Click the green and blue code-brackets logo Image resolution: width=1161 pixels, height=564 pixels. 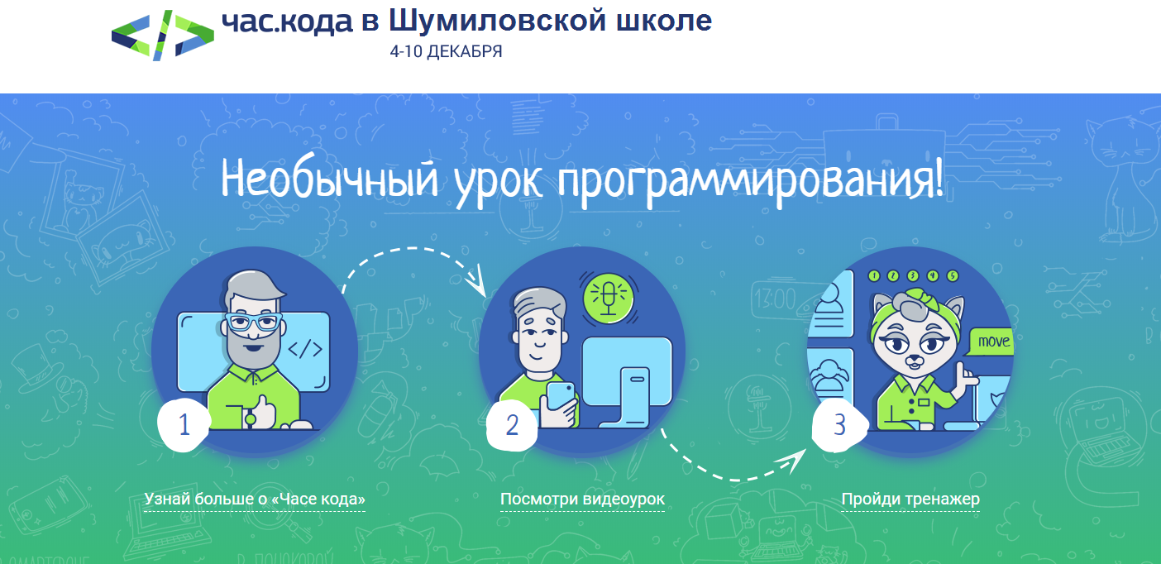pyautogui.click(x=163, y=36)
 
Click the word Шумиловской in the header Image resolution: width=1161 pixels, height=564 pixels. pyautogui.click(x=498, y=21)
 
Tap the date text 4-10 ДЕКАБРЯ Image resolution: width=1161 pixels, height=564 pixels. pyautogui.click(x=446, y=51)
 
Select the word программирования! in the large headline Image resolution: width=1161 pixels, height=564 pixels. pyautogui.click(x=750, y=181)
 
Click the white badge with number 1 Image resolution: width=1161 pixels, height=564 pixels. pyautogui.click(x=184, y=425)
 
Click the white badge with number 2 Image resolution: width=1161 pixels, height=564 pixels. pyautogui.click(x=512, y=425)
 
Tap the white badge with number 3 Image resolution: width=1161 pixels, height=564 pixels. pyautogui.click(x=839, y=425)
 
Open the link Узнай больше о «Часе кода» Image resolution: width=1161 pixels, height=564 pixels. pyautogui.click(x=255, y=499)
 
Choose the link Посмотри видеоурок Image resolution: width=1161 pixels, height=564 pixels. pyautogui.click(x=582, y=499)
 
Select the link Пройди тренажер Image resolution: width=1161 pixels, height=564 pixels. pyautogui.click(x=910, y=499)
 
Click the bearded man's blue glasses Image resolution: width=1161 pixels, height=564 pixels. pyautogui.click(x=254, y=322)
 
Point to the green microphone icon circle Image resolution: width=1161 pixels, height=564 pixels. pyautogui.click(x=609, y=298)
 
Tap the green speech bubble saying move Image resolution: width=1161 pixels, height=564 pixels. pyautogui.click(x=991, y=342)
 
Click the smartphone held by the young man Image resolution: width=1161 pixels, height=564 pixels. pyautogui.click(x=561, y=397)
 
